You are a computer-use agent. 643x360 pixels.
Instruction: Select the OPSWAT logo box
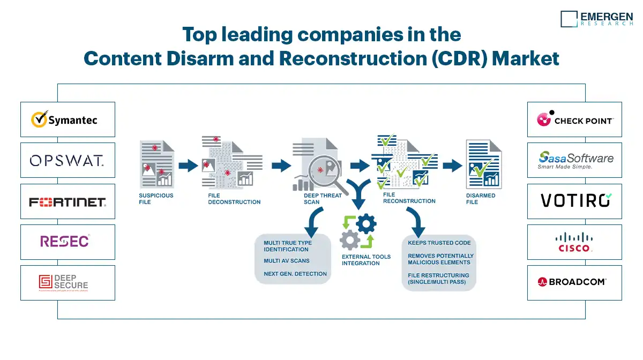(68, 160)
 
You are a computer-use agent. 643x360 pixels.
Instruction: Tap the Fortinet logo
(68, 201)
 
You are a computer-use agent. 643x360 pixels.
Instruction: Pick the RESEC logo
(65, 242)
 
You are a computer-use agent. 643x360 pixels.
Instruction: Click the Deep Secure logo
(63, 283)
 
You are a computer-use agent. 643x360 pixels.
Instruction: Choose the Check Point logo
(574, 119)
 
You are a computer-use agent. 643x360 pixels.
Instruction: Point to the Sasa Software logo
(575, 160)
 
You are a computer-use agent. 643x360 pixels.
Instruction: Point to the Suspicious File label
(156, 199)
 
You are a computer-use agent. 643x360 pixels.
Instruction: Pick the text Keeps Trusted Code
(439, 243)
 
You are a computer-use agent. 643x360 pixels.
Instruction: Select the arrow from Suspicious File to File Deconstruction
(188, 165)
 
